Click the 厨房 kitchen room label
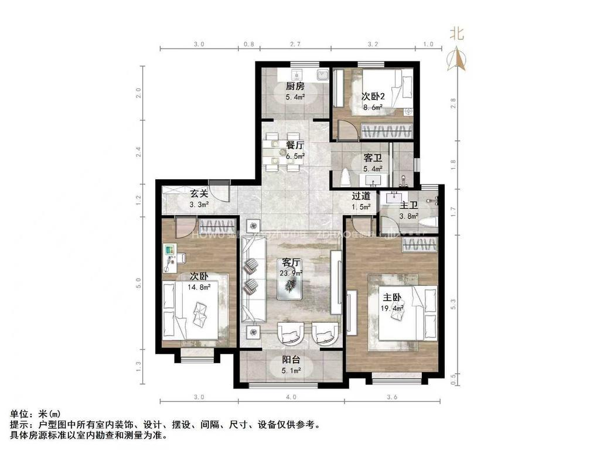pyautogui.click(x=295, y=86)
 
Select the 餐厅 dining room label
pyautogui.click(x=295, y=145)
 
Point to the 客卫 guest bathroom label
pyautogui.click(x=373, y=158)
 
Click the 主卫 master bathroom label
pyautogui.click(x=408, y=206)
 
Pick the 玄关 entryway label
pyautogui.click(x=198, y=194)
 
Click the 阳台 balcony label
pyautogui.click(x=291, y=361)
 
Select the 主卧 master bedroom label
pyautogui.click(x=393, y=298)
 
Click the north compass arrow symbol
pyautogui.click(x=457, y=59)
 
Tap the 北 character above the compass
pyautogui.click(x=457, y=33)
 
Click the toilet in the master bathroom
pyautogui.click(x=428, y=221)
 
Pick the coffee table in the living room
pyautogui.click(x=291, y=284)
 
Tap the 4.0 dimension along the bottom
pyautogui.click(x=291, y=397)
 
